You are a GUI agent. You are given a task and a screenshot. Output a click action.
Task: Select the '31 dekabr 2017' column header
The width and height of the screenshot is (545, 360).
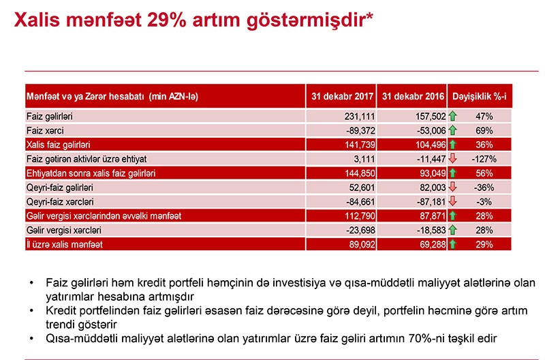(x=341, y=95)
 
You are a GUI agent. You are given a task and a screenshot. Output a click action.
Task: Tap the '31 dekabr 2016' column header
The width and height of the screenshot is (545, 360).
(x=413, y=95)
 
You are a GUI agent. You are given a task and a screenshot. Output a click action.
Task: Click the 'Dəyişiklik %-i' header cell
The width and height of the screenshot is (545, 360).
(x=488, y=95)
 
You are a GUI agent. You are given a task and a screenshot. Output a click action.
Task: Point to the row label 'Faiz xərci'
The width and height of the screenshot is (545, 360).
(x=44, y=131)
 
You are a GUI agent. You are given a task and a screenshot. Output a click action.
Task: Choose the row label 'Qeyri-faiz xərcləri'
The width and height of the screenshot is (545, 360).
(x=61, y=202)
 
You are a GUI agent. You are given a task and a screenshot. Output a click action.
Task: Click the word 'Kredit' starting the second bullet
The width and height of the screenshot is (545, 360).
(x=60, y=310)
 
